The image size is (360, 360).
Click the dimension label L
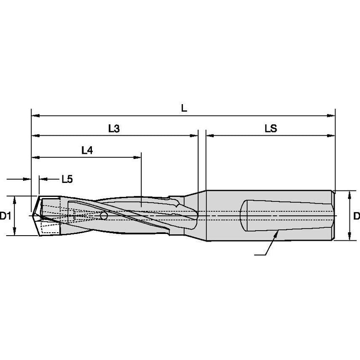pyautogui.click(x=183, y=108)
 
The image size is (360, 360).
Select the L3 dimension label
pyautogui.click(x=114, y=129)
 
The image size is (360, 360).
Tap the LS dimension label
pyautogui.click(x=271, y=129)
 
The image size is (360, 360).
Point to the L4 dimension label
pyautogui.click(x=87, y=150)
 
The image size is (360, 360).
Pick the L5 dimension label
pyautogui.click(x=67, y=179)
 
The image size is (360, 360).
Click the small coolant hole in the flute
pyautogui.click(x=103, y=216)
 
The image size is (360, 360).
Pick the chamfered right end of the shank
pyautogui.click(x=333, y=215)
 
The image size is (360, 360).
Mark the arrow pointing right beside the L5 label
pyautogui.click(x=28, y=179)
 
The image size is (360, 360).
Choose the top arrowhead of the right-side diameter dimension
pyautogui.click(x=349, y=194)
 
